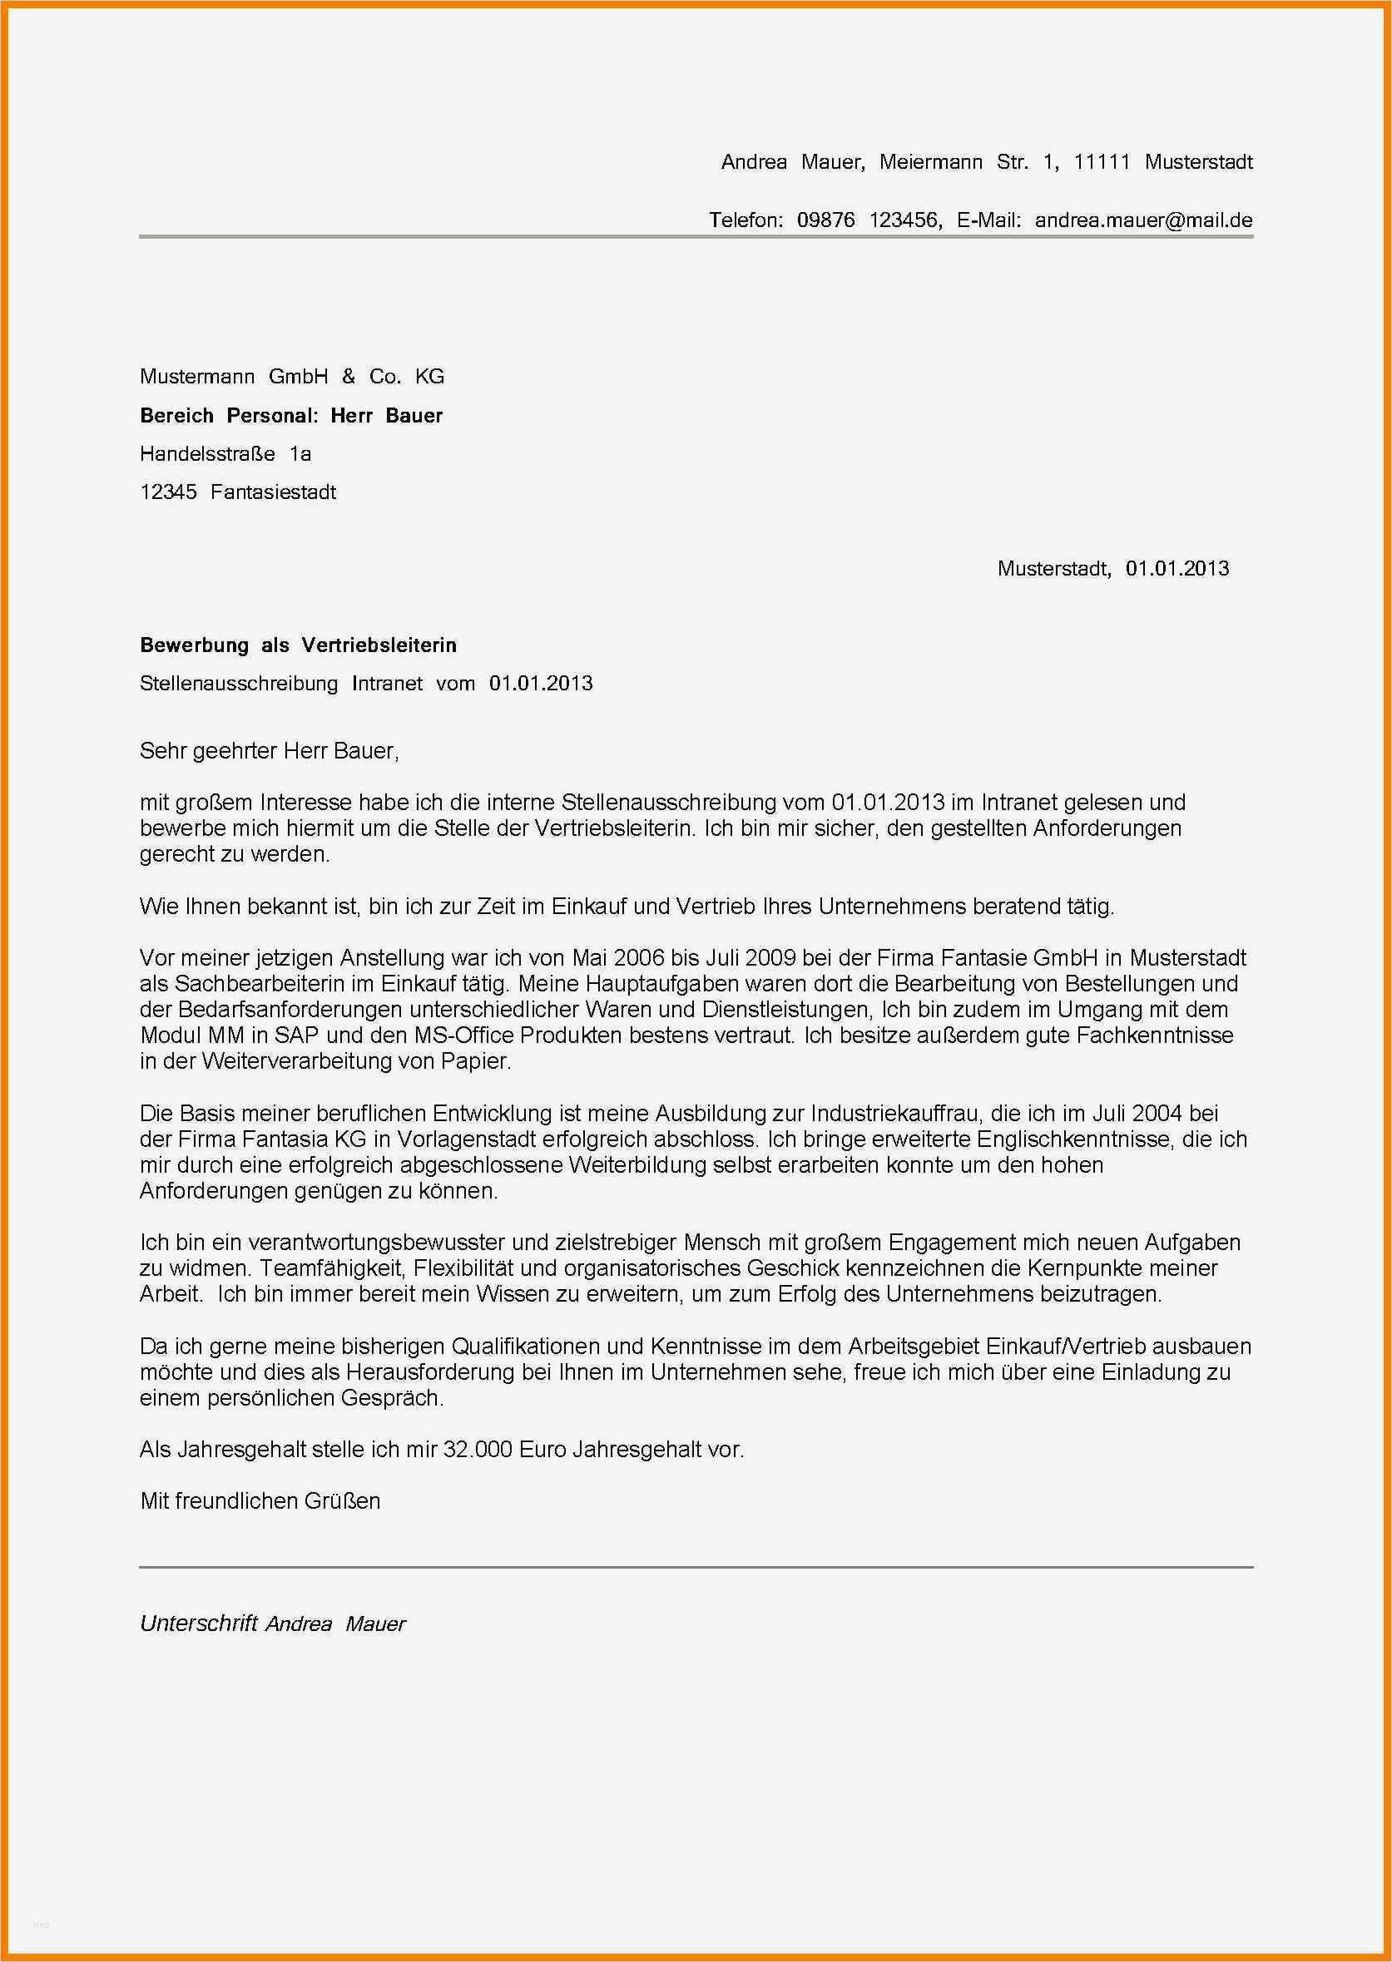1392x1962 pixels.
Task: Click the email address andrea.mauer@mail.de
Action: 1143,220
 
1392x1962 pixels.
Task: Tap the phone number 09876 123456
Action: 869,220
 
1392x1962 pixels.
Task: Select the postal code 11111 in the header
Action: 1102,162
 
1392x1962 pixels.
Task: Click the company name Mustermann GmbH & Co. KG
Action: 291,376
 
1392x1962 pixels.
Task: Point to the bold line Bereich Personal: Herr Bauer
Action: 291,416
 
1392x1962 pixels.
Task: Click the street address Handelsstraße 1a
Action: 225,453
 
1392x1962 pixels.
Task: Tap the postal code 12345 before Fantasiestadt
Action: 168,492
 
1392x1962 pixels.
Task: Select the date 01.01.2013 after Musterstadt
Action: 1177,568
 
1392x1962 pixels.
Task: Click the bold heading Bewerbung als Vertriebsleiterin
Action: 297,645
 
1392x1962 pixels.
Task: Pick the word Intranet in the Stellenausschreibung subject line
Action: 388,683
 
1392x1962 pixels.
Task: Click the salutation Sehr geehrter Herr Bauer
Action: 268,751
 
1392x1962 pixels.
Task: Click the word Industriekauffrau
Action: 898,1113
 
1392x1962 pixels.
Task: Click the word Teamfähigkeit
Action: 325,1268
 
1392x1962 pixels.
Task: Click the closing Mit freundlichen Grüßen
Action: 260,1500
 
